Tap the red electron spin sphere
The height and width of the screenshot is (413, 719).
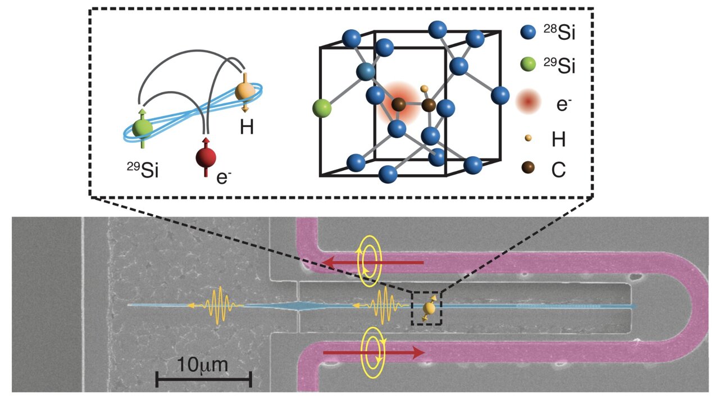pos(206,158)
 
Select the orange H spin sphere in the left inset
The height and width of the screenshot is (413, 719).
pos(245,90)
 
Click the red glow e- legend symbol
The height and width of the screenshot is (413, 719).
pos(528,101)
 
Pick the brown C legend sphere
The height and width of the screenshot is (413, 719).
pos(528,167)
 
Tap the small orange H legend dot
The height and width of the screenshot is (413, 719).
pos(528,137)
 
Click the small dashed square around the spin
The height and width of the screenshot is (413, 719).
pos(427,308)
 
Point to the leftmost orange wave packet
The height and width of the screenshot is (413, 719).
pos(220,305)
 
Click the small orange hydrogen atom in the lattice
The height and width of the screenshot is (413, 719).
pos(424,89)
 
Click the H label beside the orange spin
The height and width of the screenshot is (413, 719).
pos(247,127)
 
